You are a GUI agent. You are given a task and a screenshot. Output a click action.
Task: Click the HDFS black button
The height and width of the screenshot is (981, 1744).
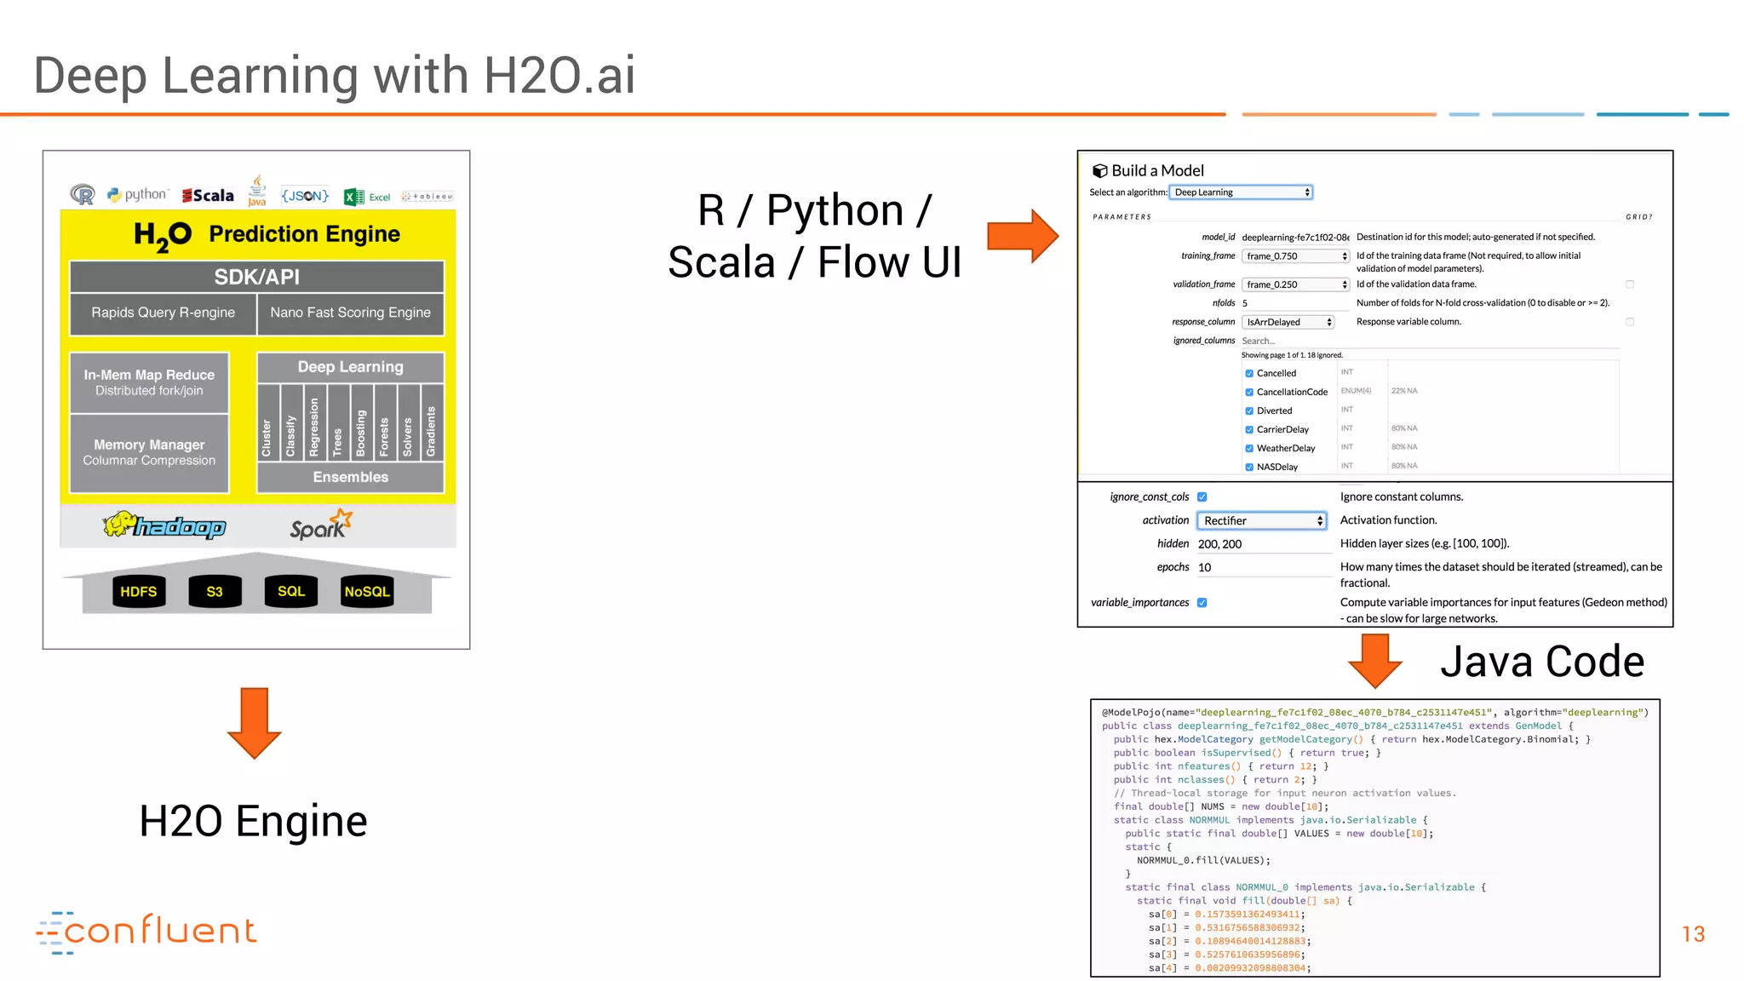138,591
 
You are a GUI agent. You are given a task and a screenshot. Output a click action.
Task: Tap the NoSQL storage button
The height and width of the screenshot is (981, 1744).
366,591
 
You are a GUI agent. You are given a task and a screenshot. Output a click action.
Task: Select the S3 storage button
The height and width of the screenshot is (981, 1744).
215,591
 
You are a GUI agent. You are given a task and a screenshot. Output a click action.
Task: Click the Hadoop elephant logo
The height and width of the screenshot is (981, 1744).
164,525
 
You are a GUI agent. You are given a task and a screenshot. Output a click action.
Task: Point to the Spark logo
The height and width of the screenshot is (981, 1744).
320,525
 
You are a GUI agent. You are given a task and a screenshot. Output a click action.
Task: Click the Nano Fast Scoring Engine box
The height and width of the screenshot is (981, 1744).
350,313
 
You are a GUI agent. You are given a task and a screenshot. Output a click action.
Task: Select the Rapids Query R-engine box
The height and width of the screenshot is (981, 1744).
163,313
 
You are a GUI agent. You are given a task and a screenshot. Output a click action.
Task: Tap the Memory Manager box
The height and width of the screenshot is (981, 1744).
149,452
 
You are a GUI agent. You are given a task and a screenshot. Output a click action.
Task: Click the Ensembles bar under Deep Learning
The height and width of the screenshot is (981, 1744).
350,477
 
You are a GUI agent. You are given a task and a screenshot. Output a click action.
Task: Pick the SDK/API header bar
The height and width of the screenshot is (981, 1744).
256,277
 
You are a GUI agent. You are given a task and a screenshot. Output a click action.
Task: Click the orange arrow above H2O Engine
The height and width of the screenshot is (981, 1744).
254,722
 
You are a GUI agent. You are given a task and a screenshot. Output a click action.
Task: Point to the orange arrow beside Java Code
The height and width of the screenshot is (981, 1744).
1374,660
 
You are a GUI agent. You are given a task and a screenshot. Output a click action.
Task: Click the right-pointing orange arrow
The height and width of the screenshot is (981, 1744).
1023,235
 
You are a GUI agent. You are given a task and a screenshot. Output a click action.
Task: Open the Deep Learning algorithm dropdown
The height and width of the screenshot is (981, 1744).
1241,192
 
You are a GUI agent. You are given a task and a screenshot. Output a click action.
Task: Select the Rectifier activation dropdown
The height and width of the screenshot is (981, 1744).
1261,520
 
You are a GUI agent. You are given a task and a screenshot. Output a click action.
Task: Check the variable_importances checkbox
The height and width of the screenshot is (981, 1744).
1202,602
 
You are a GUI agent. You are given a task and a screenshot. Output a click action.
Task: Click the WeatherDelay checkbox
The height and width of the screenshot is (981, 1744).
1249,448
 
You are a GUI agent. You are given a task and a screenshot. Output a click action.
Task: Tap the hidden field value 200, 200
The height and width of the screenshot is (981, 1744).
1219,544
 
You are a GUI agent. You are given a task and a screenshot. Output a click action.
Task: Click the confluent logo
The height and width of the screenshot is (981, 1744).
146,932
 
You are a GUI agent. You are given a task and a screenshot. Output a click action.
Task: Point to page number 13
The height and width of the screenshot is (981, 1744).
1693,934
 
